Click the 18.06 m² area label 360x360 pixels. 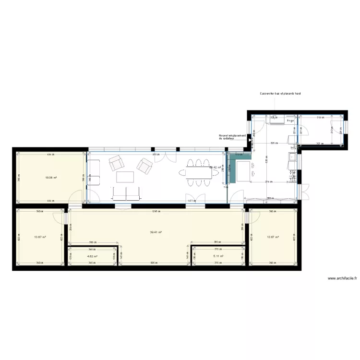click(x=51, y=178)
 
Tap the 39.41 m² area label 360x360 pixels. click(x=156, y=232)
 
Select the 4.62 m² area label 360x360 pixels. click(x=92, y=256)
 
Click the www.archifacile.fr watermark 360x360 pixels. click(x=342, y=278)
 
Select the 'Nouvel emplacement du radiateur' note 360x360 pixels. click(x=232, y=137)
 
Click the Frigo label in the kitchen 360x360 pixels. click(x=290, y=121)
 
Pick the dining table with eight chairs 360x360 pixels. click(x=198, y=171)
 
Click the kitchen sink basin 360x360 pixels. click(x=291, y=156)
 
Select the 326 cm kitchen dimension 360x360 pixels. click(x=274, y=143)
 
